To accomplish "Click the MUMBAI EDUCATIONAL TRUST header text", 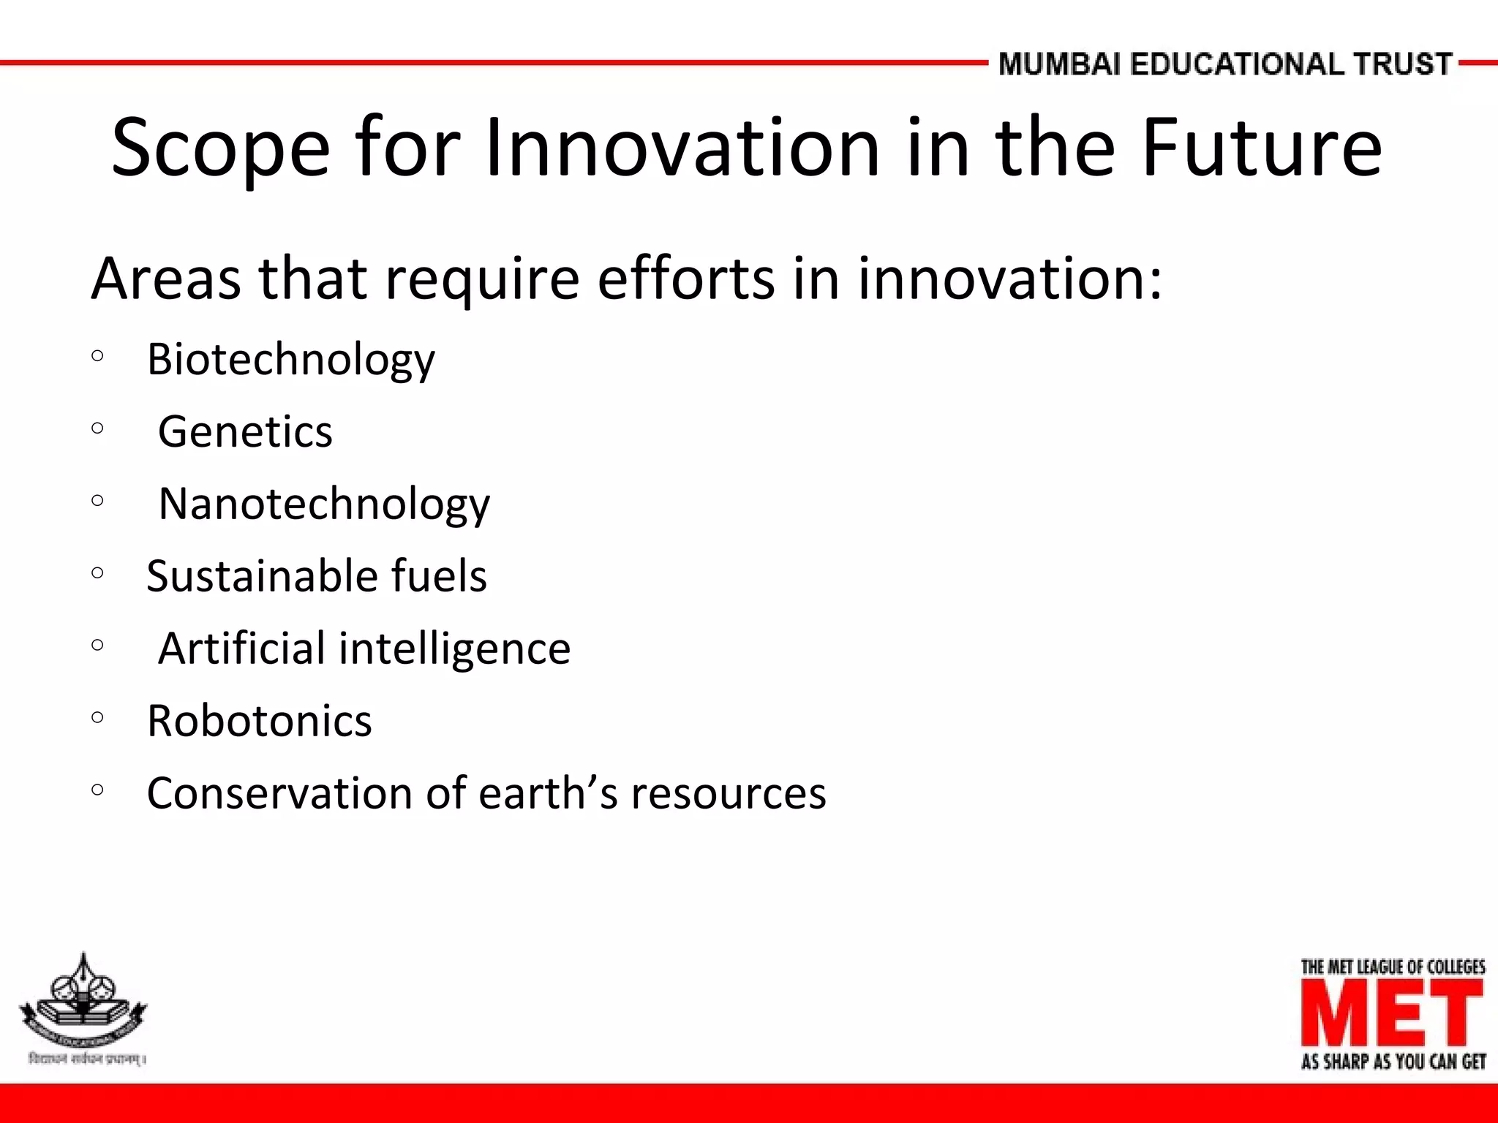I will coord(1224,64).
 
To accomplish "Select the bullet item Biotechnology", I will coord(290,360).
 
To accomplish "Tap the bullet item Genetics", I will coord(245,431).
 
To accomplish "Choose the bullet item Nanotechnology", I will coord(324,504).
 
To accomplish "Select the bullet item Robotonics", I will coord(259,721).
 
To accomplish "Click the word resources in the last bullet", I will coord(729,793).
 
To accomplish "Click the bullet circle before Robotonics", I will coord(98,717).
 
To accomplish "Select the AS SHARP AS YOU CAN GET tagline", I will coord(1393,1062).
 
